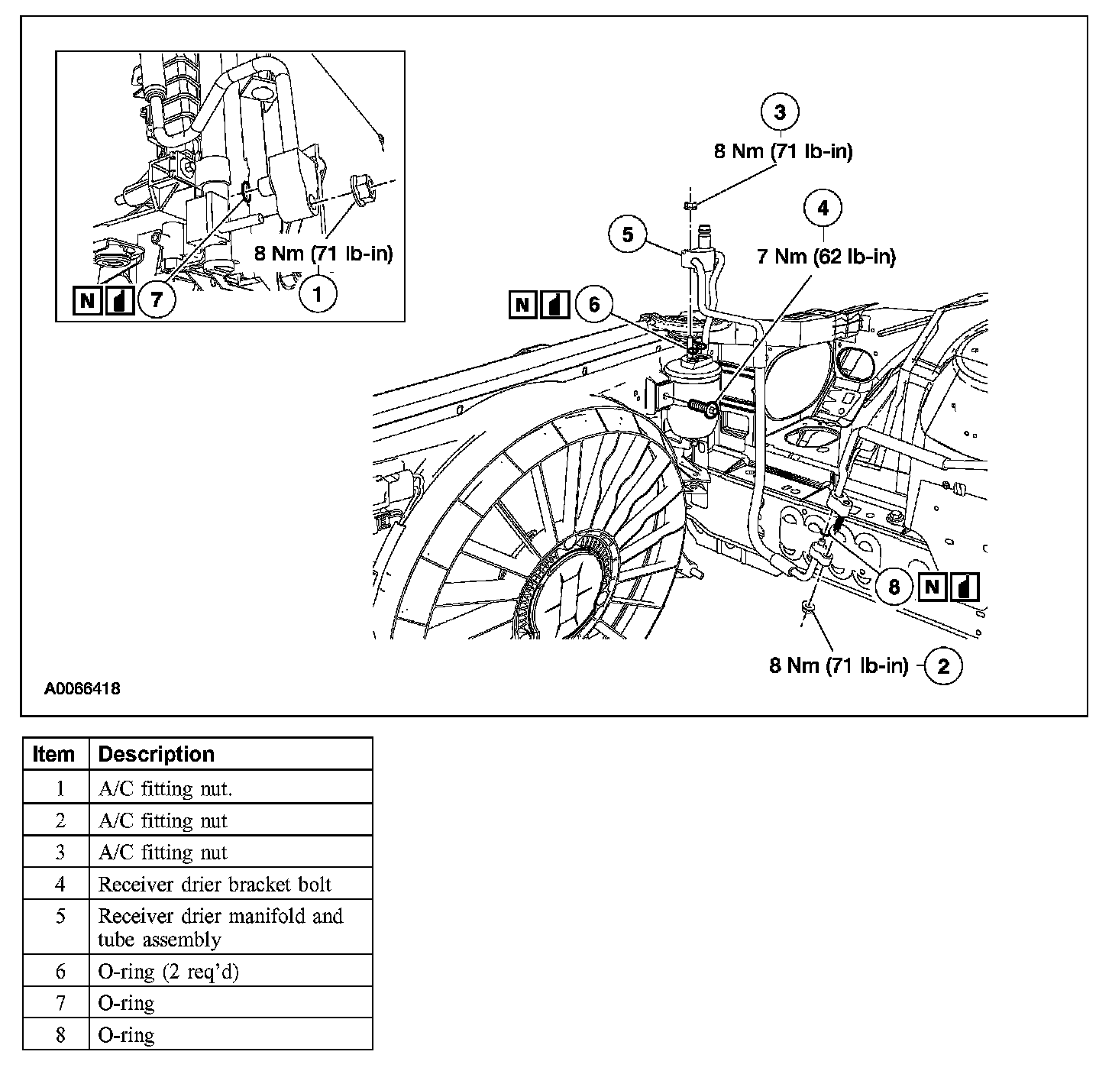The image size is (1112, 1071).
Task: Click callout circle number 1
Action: (317, 293)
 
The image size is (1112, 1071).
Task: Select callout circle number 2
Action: (943, 666)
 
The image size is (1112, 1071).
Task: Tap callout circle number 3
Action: (780, 112)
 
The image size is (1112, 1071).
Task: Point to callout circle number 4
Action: (823, 208)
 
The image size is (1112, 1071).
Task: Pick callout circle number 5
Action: (628, 235)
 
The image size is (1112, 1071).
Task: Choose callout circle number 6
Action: (595, 306)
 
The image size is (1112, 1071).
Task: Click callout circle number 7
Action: (157, 299)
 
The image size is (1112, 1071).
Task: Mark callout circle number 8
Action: (894, 587)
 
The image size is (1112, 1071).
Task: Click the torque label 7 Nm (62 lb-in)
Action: (826, 257)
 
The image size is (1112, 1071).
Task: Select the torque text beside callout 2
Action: (839, 666)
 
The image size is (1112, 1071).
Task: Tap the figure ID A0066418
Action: (82, 689)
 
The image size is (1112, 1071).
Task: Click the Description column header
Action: (157, 754)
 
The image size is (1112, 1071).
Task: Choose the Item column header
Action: (54, 754)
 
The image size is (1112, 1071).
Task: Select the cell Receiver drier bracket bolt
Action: (215, 885)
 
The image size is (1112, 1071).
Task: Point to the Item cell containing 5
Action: (60, 916)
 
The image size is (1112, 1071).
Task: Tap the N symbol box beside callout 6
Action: (522, 306)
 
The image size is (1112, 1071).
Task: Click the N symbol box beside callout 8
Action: (932, 587)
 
